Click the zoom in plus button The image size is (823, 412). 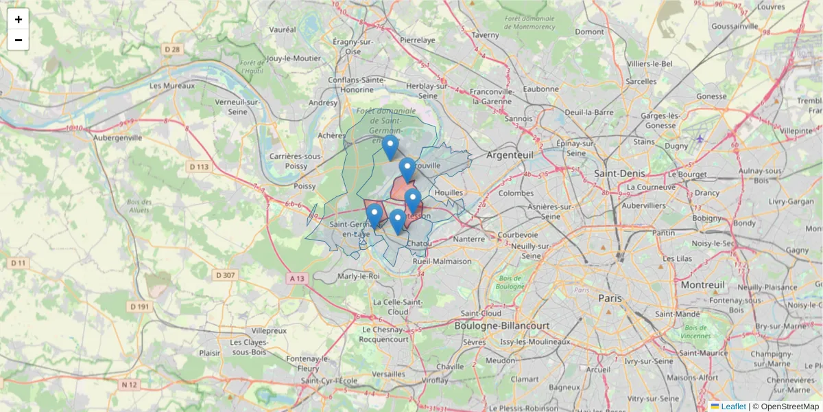coord(19,19)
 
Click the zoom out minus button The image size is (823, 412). coord(19,40)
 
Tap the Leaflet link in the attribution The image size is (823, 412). coord(732,407)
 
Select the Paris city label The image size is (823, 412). coord(610,298)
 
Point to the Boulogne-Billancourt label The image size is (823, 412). coord(502,325)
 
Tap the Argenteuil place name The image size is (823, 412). coord(509,155)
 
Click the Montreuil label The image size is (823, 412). coord(699,284)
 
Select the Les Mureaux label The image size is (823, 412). coord(172,86)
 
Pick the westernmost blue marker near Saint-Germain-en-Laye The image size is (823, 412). coord(374,215)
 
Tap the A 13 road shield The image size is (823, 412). coord(296,278)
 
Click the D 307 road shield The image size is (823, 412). coord(225,275)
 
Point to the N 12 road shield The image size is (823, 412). coord(129,385)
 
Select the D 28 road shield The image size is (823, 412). coord(172,49)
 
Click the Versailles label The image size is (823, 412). coord(388,373)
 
